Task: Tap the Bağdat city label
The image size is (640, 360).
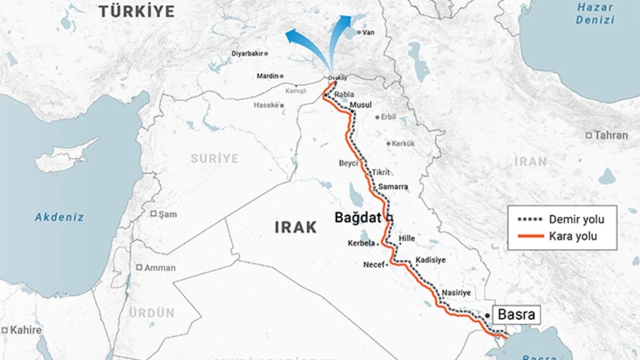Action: pos(358,218)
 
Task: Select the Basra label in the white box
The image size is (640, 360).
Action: pos(516,315)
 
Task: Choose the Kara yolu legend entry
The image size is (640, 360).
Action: pos(573,236)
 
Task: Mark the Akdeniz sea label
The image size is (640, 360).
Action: pos(60,217)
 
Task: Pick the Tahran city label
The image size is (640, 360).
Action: pos(611,135)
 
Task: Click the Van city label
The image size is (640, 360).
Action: pos(369,33)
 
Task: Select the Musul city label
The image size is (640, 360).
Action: pos(361,105)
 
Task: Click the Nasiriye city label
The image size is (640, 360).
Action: pos(456,293)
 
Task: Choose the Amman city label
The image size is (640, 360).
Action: pos(159,268)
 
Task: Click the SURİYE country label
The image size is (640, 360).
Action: pos(215,158)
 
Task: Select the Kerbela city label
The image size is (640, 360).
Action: pos(361,244)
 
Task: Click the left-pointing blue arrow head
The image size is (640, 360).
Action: pos(291,35)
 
